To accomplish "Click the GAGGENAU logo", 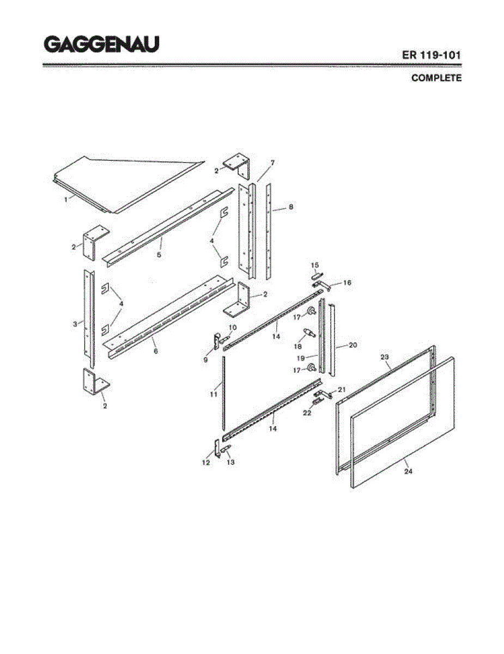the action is coord(101,44).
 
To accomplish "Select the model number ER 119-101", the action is coord(432,56).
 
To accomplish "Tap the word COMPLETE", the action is coord(436,78).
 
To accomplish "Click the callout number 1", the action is coord(66,199).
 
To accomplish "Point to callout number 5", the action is coord(159,255).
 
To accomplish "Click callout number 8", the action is coord(291,207).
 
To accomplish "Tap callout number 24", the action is coord(408,471).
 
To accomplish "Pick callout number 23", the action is coord(385,357).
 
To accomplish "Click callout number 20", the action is coord(352,344).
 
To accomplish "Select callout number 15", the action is coord(314,265).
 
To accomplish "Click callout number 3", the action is coord(75,324).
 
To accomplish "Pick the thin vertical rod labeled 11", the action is coord(223,392).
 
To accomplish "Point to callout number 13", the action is coord(230,462).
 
